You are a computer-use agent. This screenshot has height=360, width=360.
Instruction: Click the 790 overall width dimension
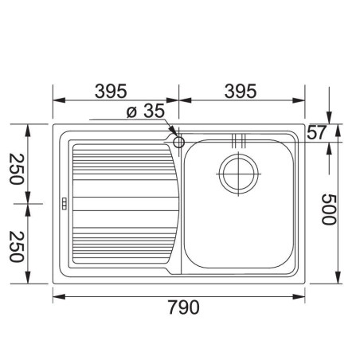click(183, 307)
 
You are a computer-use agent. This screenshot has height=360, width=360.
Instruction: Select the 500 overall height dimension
click(329, 209)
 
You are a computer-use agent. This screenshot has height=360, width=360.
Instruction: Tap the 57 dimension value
click(316, 132)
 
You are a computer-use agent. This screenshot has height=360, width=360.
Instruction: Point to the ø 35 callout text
click(146, 111)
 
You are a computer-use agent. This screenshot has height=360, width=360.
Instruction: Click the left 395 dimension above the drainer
click(111, 91)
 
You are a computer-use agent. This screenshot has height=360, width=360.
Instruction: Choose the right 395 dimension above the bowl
click(241, 91)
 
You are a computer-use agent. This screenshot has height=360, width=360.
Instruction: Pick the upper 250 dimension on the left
click(17, 169)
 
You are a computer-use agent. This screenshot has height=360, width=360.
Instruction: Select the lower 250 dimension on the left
click(17, 247)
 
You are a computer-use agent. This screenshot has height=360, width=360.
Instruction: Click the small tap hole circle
click(178, 142)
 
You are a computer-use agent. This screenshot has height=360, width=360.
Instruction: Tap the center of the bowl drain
click(238, 174)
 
